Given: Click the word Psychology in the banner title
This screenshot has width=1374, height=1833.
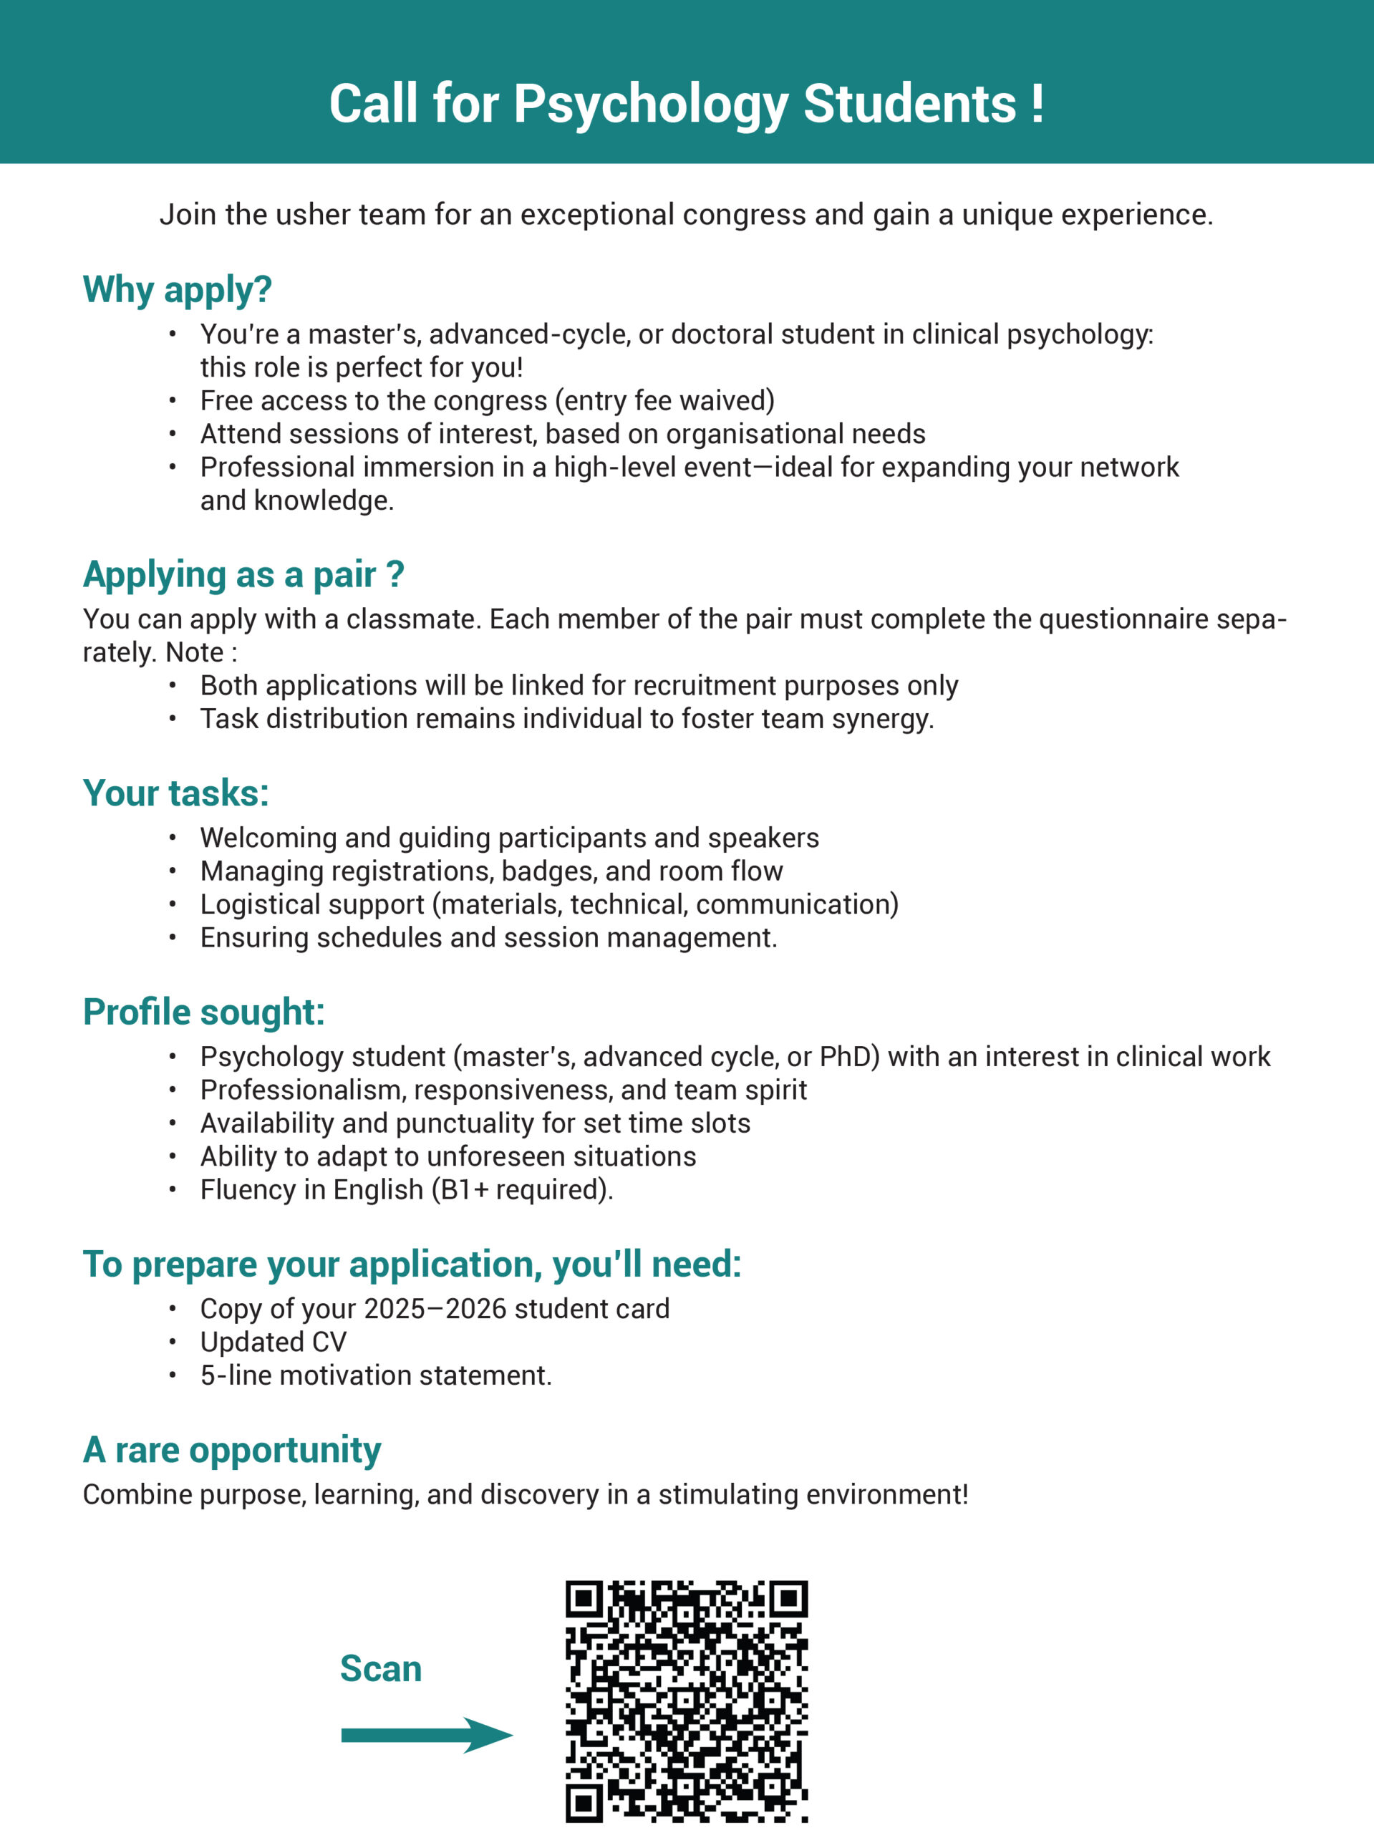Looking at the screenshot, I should click(651, 105).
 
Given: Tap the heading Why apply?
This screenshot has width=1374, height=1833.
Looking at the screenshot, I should click(178, 289).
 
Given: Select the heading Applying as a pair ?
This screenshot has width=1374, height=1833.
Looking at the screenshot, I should click(243, 574).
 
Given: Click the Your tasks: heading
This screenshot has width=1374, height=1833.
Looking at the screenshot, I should click(175, 793).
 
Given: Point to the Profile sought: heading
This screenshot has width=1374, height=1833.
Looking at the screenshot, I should click(204, 1012).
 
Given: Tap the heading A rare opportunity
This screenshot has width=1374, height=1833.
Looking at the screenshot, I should click(232, 1449).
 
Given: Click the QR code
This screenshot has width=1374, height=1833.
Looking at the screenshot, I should click(686, 1701).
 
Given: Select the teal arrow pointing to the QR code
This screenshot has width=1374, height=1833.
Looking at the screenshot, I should click(427, 1734).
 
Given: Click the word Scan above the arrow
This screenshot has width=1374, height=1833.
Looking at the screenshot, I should click(380, 1668).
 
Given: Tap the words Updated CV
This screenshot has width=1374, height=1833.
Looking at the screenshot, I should click(274, 1342).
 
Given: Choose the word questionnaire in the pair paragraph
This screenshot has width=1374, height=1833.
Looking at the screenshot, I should click(1123, 619).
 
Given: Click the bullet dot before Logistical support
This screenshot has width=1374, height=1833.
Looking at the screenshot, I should click(173, 904).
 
